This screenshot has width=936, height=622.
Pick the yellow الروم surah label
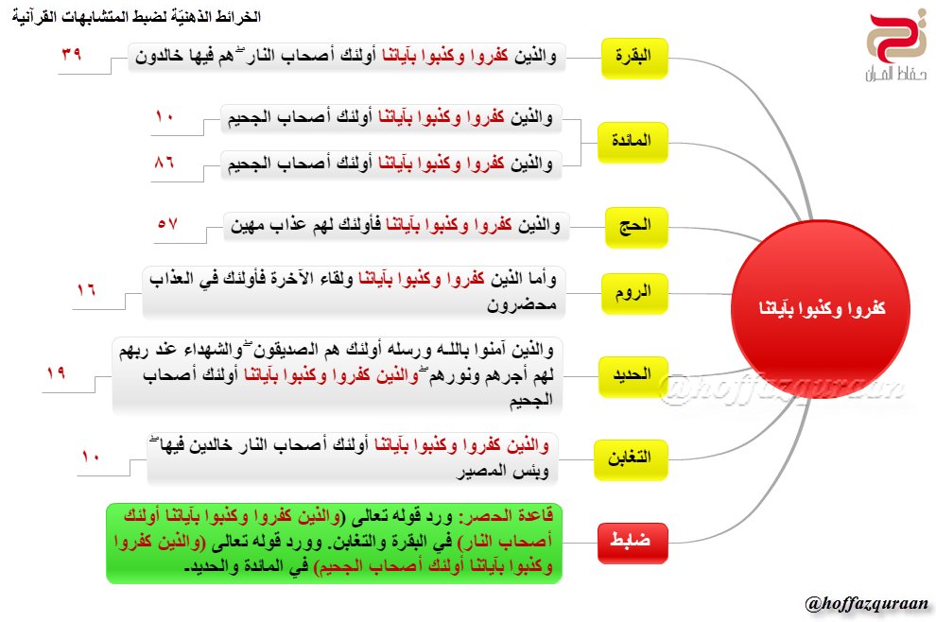point(635,293)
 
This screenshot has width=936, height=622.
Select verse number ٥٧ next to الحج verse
point(167,223)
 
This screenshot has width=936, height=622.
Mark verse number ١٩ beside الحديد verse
point(55,372)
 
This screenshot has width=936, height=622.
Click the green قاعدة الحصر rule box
point(340,544)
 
